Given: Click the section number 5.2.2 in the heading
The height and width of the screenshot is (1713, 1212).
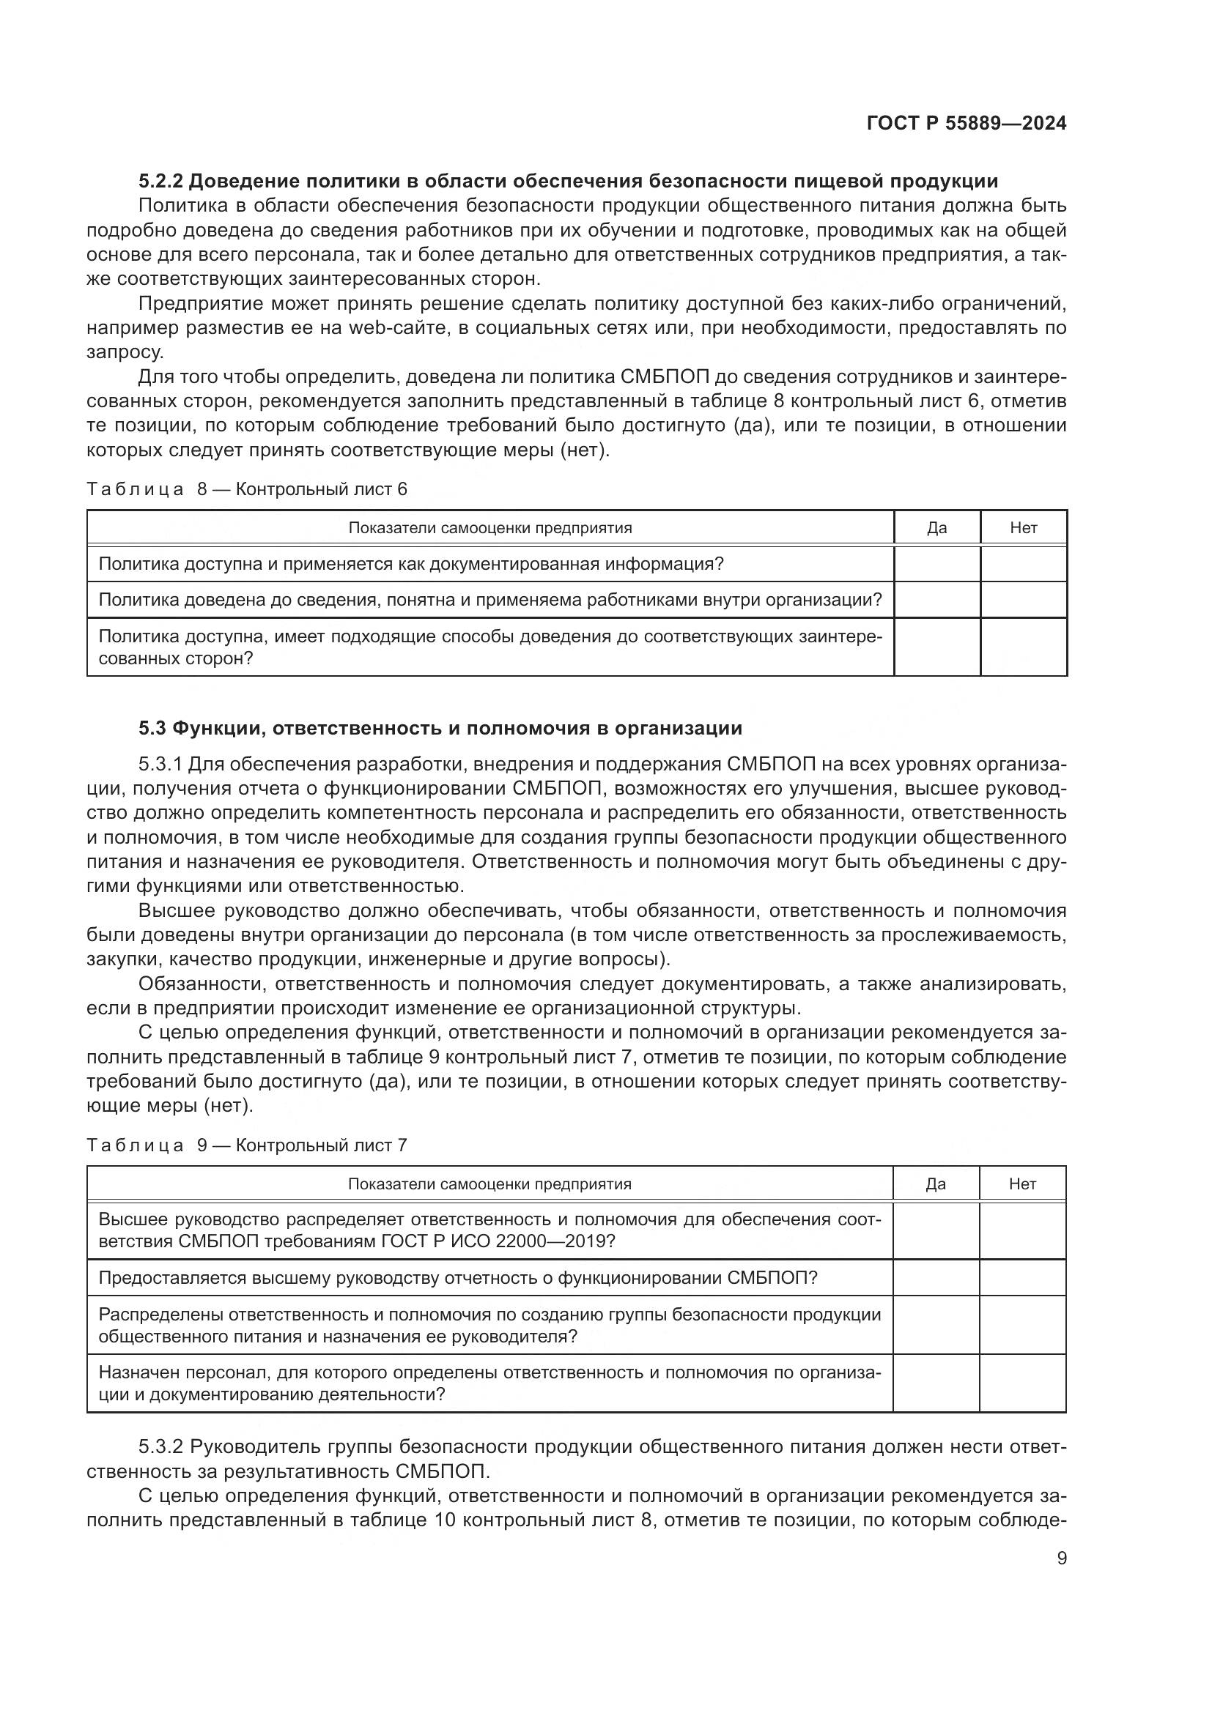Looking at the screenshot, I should (160, 182).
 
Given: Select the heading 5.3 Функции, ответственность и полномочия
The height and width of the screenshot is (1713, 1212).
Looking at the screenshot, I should (440, 728).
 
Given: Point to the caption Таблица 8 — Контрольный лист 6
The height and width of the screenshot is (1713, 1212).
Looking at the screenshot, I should (247, 489).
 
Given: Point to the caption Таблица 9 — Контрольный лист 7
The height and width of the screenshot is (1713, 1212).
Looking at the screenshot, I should (247, 1145).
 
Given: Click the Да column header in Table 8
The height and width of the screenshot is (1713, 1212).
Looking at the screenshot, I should (936, 528).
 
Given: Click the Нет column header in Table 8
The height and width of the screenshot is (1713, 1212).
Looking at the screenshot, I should (1023, 528).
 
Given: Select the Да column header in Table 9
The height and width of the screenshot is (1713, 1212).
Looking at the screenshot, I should (936, 1184).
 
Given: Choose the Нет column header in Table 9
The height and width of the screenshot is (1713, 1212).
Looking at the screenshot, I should (1022, 1184).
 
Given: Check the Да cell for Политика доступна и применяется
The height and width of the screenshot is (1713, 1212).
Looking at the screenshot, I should (936, 564).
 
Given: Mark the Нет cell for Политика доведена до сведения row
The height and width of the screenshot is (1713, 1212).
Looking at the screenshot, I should (1023, 600).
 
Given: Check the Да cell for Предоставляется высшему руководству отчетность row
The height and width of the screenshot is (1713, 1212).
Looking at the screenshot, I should (936, 1278).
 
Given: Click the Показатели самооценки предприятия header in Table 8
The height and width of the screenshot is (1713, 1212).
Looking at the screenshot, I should (490, 528).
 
